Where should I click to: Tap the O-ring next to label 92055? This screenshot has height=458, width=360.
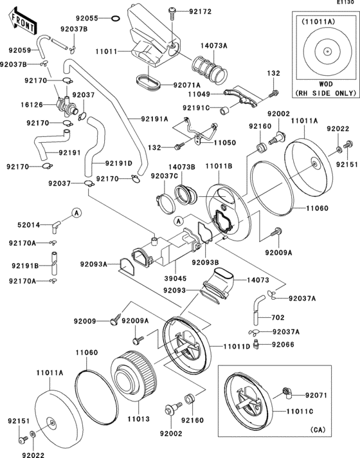click(113, 18)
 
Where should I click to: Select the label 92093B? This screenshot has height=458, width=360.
click(204, 262)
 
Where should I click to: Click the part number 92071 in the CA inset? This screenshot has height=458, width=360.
click(316, 395)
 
